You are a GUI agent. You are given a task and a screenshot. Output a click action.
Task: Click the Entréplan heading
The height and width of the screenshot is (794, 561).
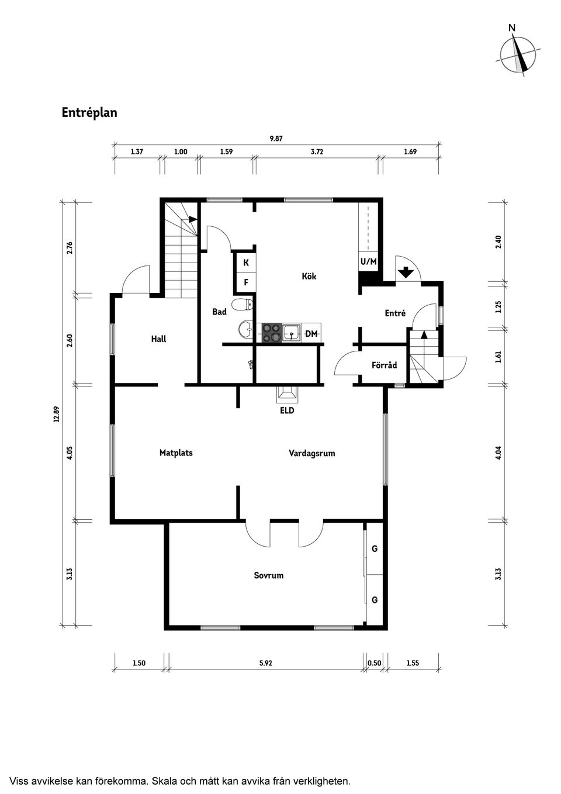[x=89, y=112]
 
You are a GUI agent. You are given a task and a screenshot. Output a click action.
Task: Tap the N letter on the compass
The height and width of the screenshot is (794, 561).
[x=512, y=27]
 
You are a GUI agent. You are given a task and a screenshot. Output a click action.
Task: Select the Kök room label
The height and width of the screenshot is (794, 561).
[x=309, y=276]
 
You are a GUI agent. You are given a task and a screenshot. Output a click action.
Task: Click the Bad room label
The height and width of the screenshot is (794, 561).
[x=219, y=312]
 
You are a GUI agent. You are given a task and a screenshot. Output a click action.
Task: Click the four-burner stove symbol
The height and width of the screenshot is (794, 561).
[x=271, y=333]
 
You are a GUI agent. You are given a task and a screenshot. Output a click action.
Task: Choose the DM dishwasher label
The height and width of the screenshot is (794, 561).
[x=311, y=333]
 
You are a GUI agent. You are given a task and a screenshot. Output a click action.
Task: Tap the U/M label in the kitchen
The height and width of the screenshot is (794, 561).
[x=368, y=261]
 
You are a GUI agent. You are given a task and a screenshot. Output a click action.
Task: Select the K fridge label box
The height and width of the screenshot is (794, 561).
[x=246, y=263]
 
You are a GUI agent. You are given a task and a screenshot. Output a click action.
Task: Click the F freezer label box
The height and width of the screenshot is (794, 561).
[x=246, y=282]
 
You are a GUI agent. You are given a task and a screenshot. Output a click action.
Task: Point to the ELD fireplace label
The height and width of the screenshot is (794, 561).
[x=287, y=410]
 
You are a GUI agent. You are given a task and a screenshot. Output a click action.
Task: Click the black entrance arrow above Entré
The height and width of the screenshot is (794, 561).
[x=405, y=272]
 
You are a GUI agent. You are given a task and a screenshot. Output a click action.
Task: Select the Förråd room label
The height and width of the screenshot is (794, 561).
[x=384, y=365]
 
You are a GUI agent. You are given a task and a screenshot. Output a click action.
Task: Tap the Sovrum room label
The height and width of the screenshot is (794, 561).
[x=269, y=575]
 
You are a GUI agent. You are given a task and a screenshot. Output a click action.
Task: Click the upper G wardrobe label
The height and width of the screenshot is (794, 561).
[x=375, y=548]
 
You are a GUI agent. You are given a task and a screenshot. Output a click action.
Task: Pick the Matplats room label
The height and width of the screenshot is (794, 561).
[x=176, y=453]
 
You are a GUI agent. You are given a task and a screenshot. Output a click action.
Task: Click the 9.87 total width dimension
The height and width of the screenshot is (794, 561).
[x=276, y=139]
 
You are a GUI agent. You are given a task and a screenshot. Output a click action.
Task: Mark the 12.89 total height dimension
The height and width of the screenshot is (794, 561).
[x=57, y=413]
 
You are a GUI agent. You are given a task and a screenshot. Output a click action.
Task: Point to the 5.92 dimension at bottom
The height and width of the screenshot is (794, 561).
[x=266, y=663]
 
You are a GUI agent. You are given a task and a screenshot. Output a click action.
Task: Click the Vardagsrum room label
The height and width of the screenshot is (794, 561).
[x=312, y=453]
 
